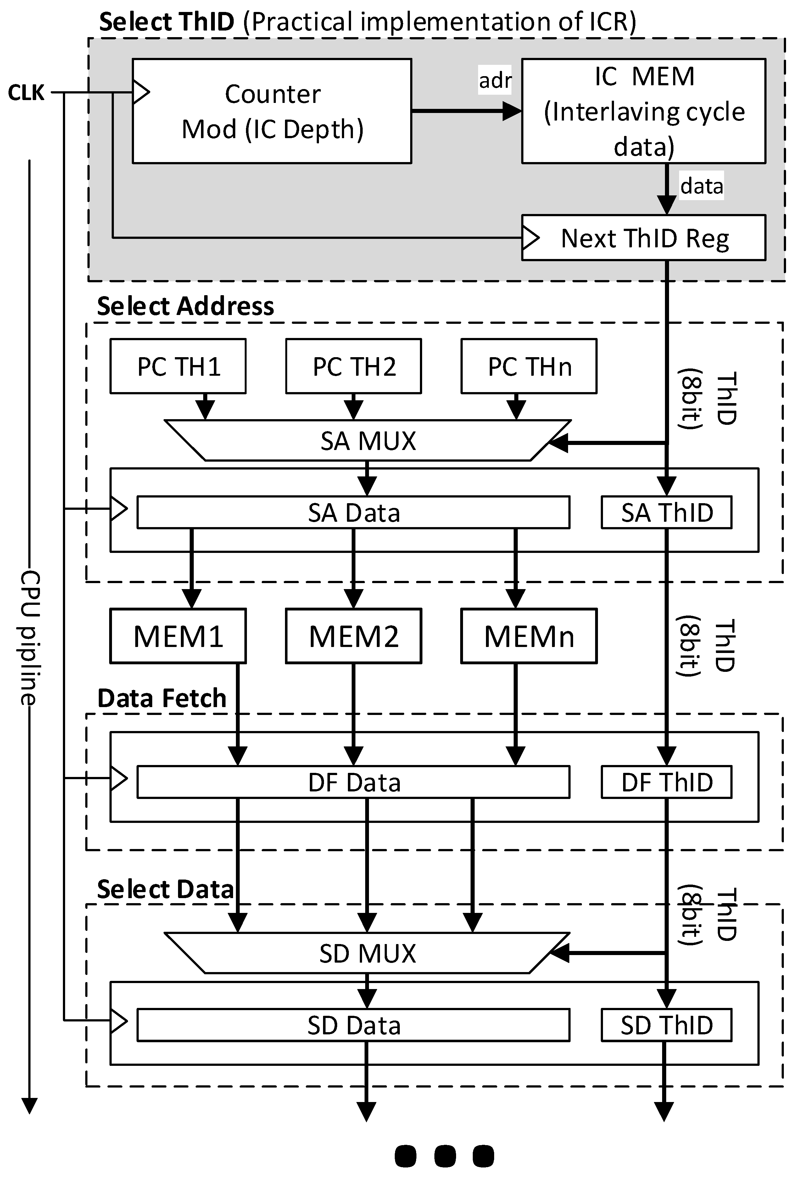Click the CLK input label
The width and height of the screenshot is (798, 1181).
tap(26, 93)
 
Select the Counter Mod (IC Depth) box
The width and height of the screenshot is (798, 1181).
tap(272, 111)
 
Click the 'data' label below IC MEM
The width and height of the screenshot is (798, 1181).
tap(701, 186)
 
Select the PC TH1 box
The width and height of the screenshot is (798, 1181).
tap(178, 366)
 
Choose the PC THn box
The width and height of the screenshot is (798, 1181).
tap(529, 366)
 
